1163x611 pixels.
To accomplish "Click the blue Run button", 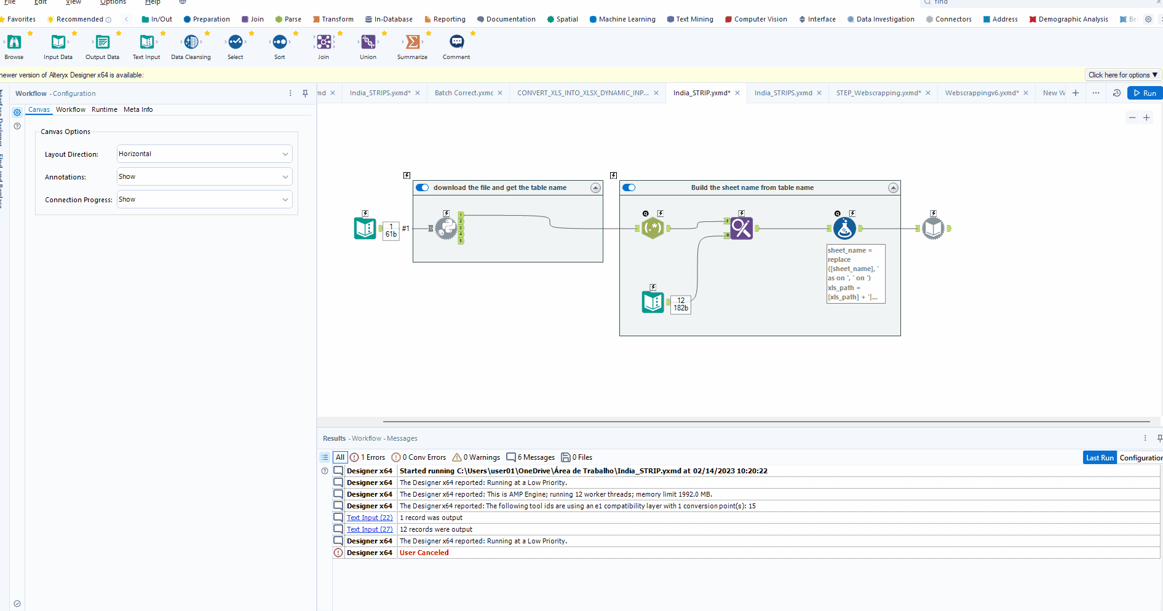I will [1144, 93].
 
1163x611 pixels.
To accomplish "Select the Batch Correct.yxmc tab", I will [464, 93].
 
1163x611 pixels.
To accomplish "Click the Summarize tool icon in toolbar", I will [412, 42].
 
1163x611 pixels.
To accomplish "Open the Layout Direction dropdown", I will [204, 154].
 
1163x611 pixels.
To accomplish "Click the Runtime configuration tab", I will [104, 109].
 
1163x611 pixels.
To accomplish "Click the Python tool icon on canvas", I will [446, 228].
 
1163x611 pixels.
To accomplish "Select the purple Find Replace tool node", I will [741, 228].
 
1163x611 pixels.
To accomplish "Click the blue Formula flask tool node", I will [844, 228].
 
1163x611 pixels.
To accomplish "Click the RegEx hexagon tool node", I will [653, 228].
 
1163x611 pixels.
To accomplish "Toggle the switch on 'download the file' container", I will [423, 187].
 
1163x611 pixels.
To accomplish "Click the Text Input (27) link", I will [369, 529].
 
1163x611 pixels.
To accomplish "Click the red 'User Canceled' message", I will [424, 553].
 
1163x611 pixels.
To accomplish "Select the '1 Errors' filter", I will [368, 457].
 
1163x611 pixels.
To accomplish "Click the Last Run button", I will [1099, 457].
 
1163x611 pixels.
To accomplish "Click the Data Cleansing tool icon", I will [191, 42].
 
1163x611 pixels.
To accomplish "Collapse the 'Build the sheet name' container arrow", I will [893, 187].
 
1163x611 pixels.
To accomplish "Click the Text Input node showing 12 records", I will [653, 302].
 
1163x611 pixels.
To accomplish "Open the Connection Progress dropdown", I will [204, 199].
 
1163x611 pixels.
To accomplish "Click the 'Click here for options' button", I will [1122, 75].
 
